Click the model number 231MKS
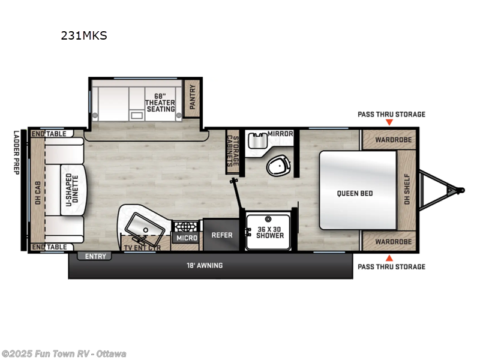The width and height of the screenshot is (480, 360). (x=83, y=35)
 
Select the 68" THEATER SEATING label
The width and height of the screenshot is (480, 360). (x=160, y=103)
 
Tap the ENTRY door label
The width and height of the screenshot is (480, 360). (x=95, y=257)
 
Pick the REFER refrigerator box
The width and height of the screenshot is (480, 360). (x=221, y=235)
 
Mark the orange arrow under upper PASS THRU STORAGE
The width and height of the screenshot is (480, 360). (x=389, y=122)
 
